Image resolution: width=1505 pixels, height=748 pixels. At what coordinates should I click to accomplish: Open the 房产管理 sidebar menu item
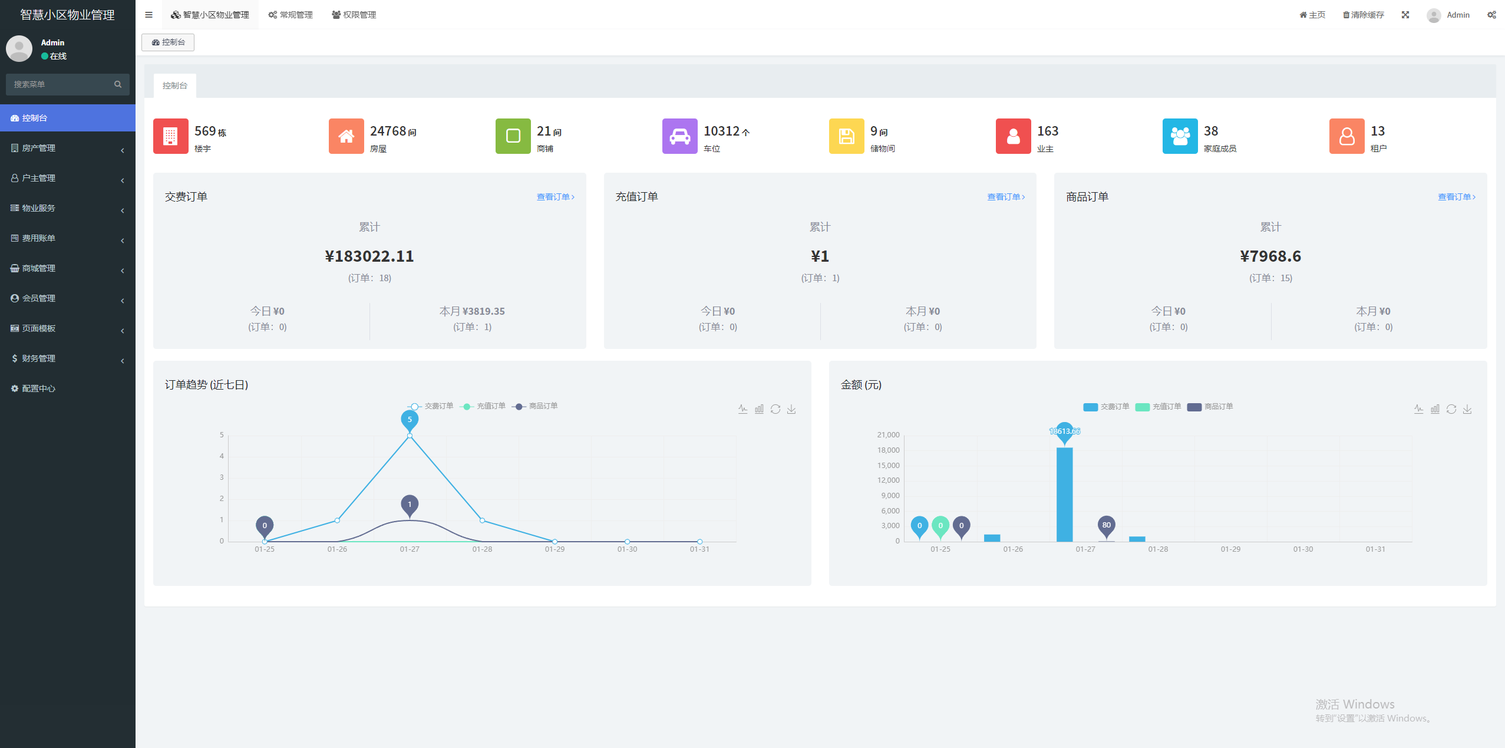39,148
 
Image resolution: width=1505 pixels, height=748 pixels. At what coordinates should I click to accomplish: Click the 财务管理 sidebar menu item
39,358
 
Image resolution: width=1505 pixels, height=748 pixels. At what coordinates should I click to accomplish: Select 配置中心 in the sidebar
39,388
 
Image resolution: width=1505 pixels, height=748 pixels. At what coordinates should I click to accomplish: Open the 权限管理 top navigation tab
354,15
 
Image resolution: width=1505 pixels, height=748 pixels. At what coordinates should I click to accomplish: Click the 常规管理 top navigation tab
291,15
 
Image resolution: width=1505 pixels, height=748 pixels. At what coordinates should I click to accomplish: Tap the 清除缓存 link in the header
1364,15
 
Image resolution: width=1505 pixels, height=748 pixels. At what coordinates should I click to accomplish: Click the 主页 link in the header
1313,15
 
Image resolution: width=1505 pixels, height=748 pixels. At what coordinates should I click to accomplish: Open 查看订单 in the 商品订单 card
1456,197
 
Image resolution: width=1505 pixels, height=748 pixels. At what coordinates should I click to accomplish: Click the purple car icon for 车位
679,136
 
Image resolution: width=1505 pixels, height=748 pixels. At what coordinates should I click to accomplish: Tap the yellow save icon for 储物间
846,136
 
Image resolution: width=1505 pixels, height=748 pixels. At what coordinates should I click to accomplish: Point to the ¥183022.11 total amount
369,256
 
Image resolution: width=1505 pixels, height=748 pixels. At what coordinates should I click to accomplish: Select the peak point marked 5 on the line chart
410,436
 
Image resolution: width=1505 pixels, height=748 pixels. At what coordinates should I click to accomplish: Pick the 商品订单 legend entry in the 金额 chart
1210,407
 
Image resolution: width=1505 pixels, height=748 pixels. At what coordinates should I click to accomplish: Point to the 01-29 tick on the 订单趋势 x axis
555,549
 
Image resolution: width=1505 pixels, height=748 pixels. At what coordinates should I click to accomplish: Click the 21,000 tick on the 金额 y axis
888,435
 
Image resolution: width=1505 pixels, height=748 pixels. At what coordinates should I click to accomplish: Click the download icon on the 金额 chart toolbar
1467,409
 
